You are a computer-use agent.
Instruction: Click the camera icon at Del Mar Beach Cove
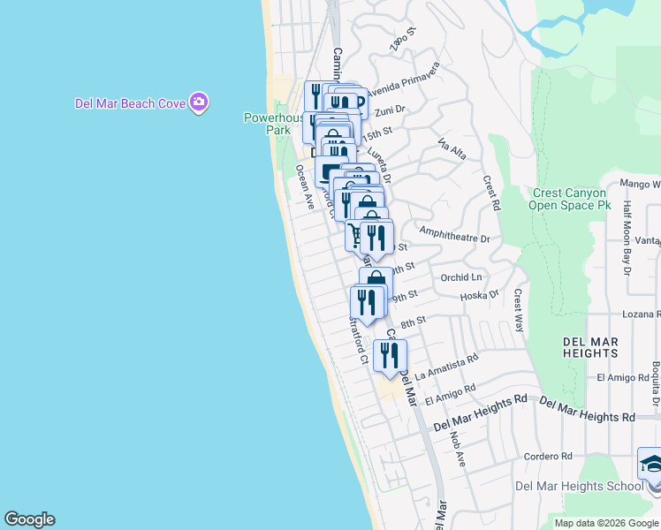pyautogui.click(x=199, y=103)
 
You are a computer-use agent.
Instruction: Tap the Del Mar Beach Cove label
pyautogui.click(x=130, y=103)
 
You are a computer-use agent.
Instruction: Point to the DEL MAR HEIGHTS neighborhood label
pyautogui.click(x=590, y=347)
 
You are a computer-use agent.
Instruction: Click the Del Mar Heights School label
pyautogui.click(x=579, y=486)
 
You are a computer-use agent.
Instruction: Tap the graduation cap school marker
pyautogui.click(x=652, y=466)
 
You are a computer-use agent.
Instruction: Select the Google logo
pyautogui.click(x=29, y=519)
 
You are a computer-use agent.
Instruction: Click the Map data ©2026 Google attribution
pyautogui.click(x=606, y=523)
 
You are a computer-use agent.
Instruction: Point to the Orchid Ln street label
pyautogui.click(x=460, y=277)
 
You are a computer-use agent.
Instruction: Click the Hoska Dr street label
pyautogui.click(x=480, y=295)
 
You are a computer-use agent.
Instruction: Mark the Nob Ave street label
pyautogui.click(x=457, y=449)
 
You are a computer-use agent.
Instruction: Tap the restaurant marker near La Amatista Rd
pyautogui.click(x=390, y=356)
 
